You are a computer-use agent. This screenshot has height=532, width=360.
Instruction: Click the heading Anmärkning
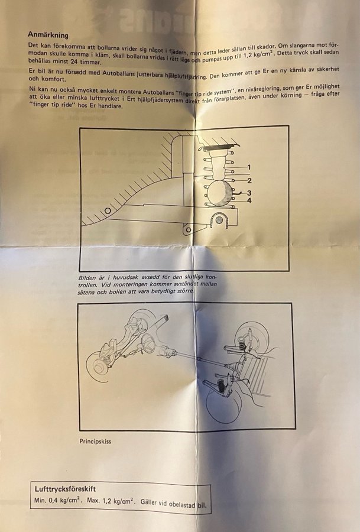click(48, 35)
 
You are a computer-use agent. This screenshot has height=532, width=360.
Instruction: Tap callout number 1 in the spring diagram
click(249, 167)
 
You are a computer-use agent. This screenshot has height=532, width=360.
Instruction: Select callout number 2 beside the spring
click(249, 181)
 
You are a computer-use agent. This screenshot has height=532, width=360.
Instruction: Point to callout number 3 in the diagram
click(249, 193)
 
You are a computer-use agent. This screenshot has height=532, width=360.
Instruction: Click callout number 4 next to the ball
click(249, 200)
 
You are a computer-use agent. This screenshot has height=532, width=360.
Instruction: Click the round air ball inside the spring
click(219, 193)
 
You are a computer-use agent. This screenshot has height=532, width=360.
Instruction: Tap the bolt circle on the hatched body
click(108, 210)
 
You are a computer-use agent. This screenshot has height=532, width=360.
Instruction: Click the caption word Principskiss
click(95, 442)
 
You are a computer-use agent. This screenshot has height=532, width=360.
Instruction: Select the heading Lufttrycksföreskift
click(65, 489)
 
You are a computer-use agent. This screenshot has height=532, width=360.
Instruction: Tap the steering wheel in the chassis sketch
click(148, 343)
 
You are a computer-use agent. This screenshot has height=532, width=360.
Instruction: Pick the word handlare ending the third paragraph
click(110, 106)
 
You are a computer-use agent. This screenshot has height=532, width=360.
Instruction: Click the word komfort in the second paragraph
click(53, 79)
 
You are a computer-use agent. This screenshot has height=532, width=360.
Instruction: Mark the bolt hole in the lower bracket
click(189, 230)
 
